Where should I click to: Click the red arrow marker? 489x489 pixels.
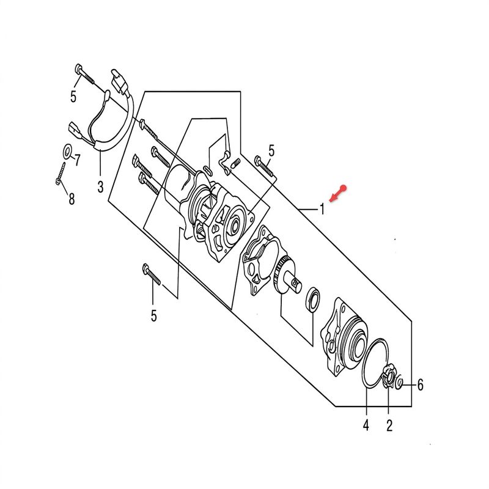338,193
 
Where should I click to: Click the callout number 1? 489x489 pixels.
323,208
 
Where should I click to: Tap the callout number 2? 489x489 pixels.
389,425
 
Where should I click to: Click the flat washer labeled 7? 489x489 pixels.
67,150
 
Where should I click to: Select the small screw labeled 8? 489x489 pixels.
61,174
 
